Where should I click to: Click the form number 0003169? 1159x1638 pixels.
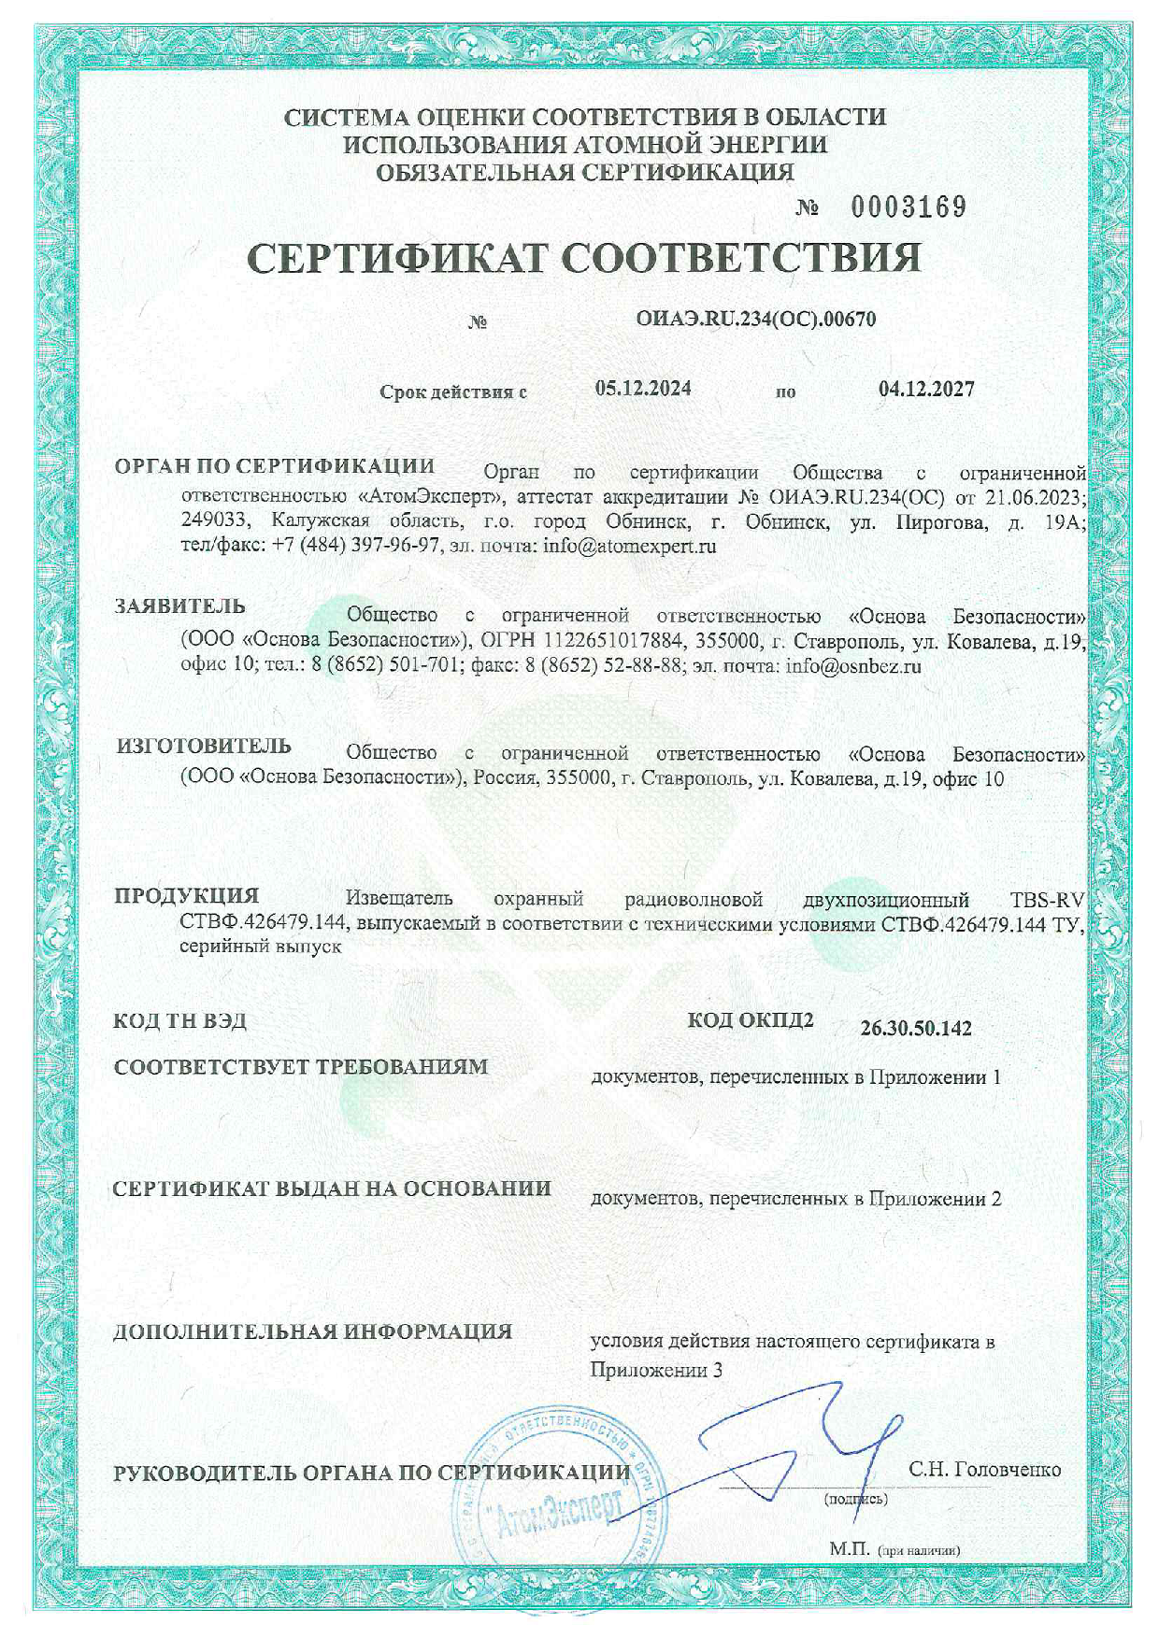click(909, 207)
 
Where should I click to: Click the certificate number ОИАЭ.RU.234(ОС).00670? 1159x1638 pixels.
click(755, 319)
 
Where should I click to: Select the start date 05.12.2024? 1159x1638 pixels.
click(643, 389)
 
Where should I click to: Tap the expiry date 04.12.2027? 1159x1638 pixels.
click(926, 389)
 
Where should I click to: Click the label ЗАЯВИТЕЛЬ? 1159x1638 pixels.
click(180, 605)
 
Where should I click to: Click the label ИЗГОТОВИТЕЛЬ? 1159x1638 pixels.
click(204, 746)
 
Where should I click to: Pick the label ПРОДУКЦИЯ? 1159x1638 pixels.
click(187, 895)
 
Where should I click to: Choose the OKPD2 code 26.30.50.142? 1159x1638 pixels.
click(916, 1029)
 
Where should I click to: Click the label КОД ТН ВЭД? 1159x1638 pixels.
click(180, 1020)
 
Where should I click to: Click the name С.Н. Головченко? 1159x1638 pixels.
click(985, 1470)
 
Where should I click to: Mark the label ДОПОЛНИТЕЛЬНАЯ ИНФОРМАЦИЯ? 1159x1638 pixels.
click(313, 1332)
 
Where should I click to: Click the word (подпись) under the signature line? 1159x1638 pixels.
click(855, 1499)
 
